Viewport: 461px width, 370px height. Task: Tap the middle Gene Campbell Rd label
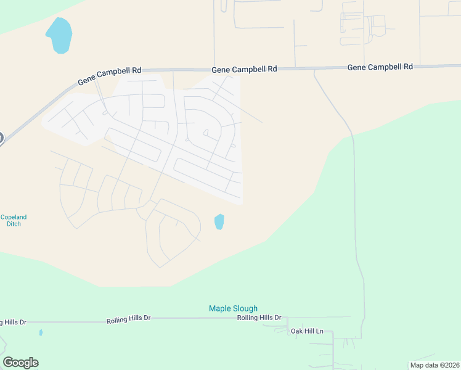244,70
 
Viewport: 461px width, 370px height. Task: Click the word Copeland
14,217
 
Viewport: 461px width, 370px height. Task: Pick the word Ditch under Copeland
14,224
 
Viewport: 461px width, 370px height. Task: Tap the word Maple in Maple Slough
220,308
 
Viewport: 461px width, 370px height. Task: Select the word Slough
245,308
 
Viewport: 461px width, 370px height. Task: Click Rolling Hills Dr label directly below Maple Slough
259,318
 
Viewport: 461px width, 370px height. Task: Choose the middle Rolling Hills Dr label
128,319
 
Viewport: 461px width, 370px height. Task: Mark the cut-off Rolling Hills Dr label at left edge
13,322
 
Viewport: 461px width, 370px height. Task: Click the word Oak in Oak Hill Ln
297,331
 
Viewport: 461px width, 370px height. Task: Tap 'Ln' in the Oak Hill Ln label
319,331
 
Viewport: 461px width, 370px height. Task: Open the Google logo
20,363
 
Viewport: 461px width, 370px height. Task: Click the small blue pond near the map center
219,221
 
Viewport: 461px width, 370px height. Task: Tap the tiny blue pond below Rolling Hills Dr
41,332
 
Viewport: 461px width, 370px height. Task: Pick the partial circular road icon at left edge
1,138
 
